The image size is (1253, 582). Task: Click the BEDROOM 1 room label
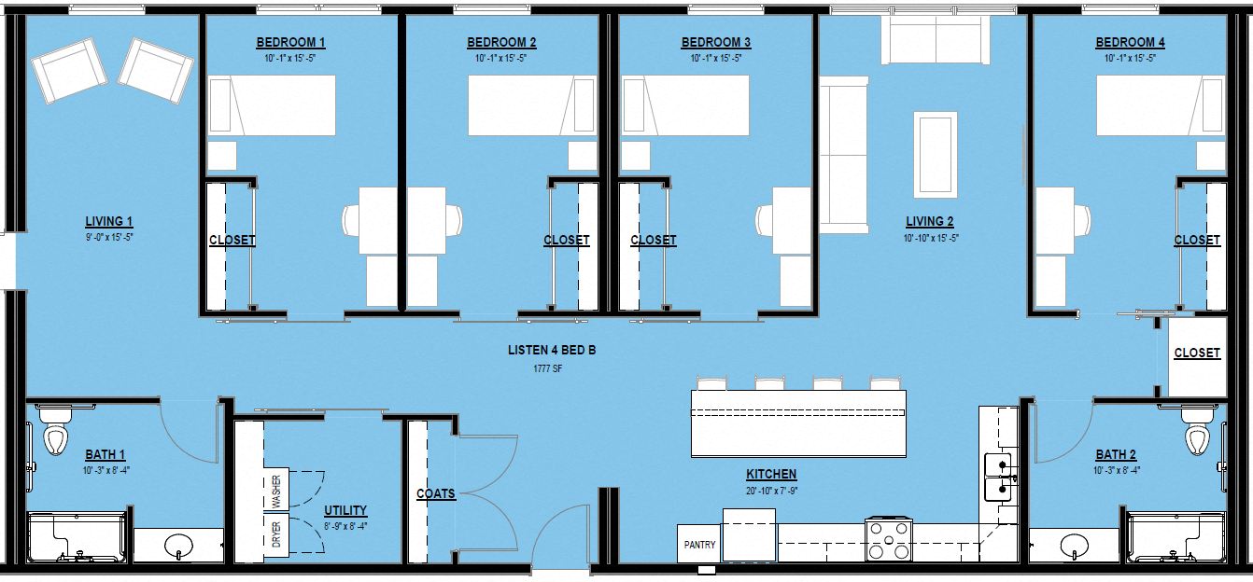pyautogui.click(x=290, y=43)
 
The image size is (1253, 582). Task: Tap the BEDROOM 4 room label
pyautogui.click(x=1130, y=43)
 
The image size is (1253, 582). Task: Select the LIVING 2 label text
pyautogui.click(x=929, y=222)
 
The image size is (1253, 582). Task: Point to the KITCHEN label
pyautogui.click(x=771, y=474)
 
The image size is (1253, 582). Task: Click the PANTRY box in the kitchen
pyautogui.click(x=699, y=544)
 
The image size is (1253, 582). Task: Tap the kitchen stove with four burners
pyautogui.click(x=888, y=540)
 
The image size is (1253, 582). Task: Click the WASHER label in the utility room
pyautogui.click(x=275, y=491)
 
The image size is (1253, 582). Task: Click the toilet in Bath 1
pyautogui.click(x=57, y=435)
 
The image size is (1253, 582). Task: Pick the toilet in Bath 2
pyautogui.click(x=1195, y=435)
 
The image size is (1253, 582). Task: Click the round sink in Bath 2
pyautogui.click(x=1075, y=545)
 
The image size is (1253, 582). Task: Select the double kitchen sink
pyautogui.click(x=1000, y=476)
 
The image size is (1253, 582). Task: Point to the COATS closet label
pyautogui.click(x=436, y=493)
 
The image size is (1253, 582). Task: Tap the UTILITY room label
pyautogui.click(x=345, y=511)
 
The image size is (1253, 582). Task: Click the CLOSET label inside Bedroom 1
pyautogui.click(x=232, y=241)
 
